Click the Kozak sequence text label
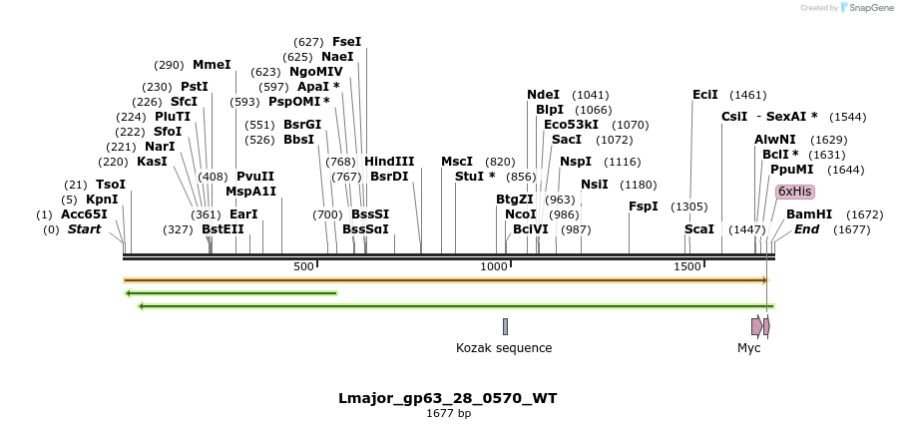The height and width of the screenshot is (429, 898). pos(504,348)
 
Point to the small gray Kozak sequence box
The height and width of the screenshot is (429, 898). pos(505,326)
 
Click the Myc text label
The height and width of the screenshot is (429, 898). pos(748,348)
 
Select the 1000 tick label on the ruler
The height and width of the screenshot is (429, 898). pos(495,266)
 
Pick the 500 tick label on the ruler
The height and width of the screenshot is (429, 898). pos(303,266)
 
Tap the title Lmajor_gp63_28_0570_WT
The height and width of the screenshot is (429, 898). pos(448,398)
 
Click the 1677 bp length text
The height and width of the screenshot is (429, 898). pos(448,414)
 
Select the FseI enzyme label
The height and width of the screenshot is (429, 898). pos(346,42)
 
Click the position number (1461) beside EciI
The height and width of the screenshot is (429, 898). pos(747,95)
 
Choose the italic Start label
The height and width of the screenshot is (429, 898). pos(84,229)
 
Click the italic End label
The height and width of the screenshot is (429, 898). pos(806,229)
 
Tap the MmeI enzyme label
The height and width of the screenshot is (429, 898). pos(212,65)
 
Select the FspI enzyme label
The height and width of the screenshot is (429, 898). pos(643,207)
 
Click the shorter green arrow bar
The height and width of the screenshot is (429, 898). pos(230,293)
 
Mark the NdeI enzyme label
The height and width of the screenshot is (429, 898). pos(543,95)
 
